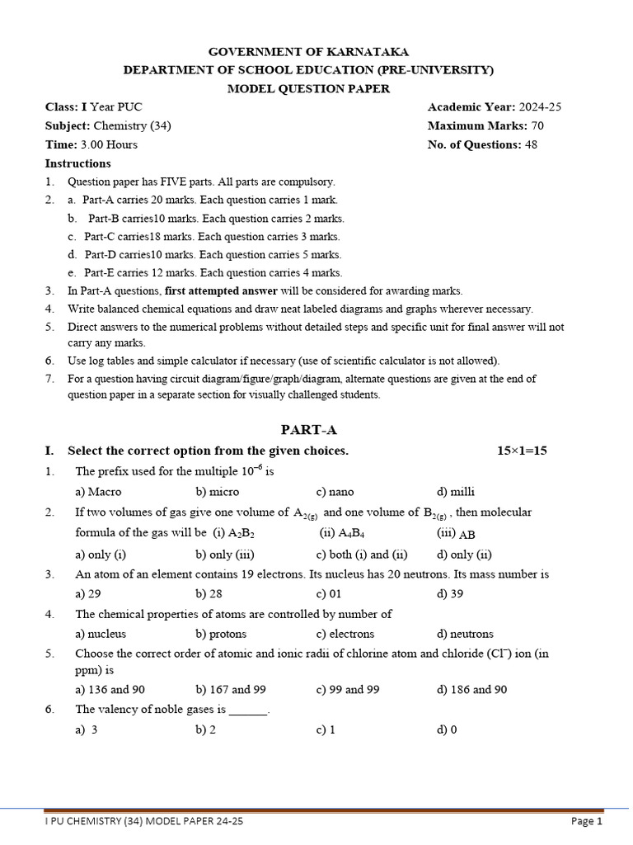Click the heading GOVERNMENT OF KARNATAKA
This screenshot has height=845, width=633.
pos(308,51)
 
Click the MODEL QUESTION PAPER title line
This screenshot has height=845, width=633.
pos(308,89)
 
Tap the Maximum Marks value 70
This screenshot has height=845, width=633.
pos(537,126)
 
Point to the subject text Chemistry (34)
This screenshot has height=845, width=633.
pos(132,126)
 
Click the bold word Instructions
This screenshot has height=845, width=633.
pos(77,163)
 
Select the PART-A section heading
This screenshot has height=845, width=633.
pos(309,430)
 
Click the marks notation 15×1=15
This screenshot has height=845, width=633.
pos(522,451)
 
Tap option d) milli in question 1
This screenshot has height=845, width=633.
pos(456,492)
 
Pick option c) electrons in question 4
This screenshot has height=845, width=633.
pos(345,634)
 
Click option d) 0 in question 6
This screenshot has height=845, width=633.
pos(447,730)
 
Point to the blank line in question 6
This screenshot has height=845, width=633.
pos(248,710)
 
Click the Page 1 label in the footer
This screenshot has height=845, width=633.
pos(588,822)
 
